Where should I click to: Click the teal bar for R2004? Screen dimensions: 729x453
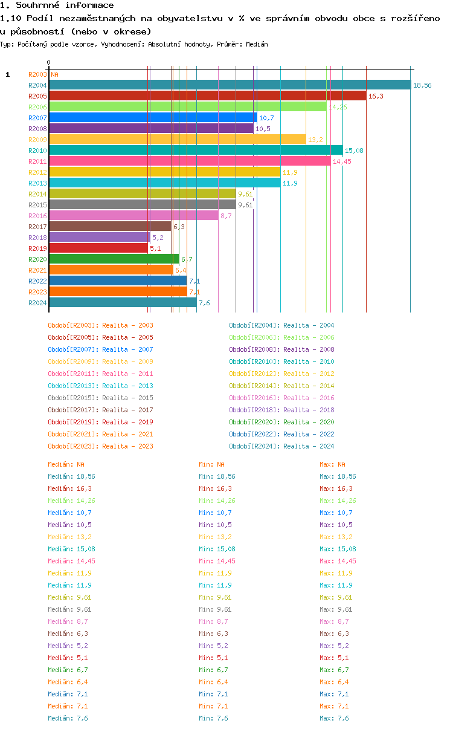230,85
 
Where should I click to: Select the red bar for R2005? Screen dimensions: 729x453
207,96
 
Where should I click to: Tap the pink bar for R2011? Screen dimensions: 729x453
190,161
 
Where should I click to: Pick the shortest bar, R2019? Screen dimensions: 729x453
98,248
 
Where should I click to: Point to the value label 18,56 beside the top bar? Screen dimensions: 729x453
422,86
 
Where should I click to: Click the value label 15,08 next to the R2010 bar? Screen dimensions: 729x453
353,151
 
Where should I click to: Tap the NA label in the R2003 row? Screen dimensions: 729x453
54,74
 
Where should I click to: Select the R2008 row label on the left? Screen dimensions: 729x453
37,129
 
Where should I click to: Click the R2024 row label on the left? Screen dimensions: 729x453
37,303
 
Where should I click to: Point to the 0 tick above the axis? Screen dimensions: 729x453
49,62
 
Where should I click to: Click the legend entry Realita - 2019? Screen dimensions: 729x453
100,422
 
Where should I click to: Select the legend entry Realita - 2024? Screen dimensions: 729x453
281,446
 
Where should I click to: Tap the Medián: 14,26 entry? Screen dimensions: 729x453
71,501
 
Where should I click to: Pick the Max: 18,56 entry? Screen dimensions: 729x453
338,476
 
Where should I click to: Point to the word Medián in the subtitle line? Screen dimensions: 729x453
257,45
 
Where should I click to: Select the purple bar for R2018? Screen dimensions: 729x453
99,237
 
